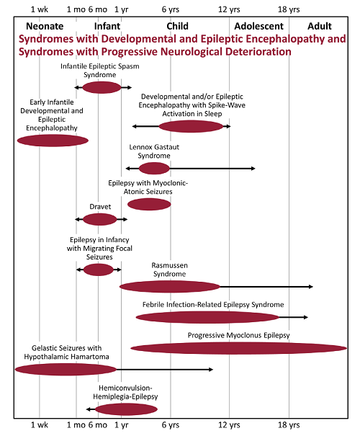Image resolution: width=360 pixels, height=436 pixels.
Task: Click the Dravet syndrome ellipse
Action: pyautogui.click(x=100, y=219)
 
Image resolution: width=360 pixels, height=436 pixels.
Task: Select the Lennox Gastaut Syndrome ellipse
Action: pyautogui.click(x=154, y=169)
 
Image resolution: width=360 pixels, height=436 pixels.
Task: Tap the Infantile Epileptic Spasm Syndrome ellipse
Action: pyautogui.click(x=102, y=88)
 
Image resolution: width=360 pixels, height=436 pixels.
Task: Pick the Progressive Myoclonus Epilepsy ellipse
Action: pyautogui.click(x=239, y=348)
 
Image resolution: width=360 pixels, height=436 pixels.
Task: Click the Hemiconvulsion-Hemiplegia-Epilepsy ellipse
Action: pyautogui.click(x=127, y=409)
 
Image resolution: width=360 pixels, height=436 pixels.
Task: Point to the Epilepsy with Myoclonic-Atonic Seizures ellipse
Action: pyautogui.click(x=149, y=205)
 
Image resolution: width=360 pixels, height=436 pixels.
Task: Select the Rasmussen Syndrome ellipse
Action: pyautogui.click(x=170, y=287)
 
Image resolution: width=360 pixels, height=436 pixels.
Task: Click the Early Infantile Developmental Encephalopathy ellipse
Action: pyautogui.click(x=53, y=141)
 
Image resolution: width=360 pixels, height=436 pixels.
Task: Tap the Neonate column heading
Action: pyautogui.click(x=45, y=26)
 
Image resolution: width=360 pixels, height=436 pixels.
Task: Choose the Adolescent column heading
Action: pyautogui.click(x=259, y=26)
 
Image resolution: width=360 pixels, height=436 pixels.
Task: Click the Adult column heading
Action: pyautogui.click(x=320, y=26)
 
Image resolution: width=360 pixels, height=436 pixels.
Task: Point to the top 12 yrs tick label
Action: pyautogui.click(x=229, y=9)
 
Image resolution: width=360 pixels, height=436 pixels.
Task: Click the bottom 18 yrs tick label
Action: pyautogui.click(x=289, y=425)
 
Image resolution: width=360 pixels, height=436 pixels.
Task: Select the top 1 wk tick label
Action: pyautogui.click(x=40, y=9)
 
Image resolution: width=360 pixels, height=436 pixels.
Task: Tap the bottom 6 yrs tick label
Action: pyautogui.click(x=171, y=425)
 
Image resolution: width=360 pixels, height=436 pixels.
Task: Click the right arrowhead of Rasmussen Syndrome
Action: pyautogui.click(x=311, y=287)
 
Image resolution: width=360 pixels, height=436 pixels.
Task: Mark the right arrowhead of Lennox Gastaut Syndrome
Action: pyautogui.click(x=253, y=169)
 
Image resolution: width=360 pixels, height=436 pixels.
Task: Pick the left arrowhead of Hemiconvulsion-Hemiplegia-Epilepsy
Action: pyautogui.click(x=89, y=409)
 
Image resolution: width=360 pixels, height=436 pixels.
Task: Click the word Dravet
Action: pyautogui.click(x=100, y=207)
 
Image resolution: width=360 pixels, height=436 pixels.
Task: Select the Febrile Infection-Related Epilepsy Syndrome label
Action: pyautogui.click(x=213, y=305)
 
